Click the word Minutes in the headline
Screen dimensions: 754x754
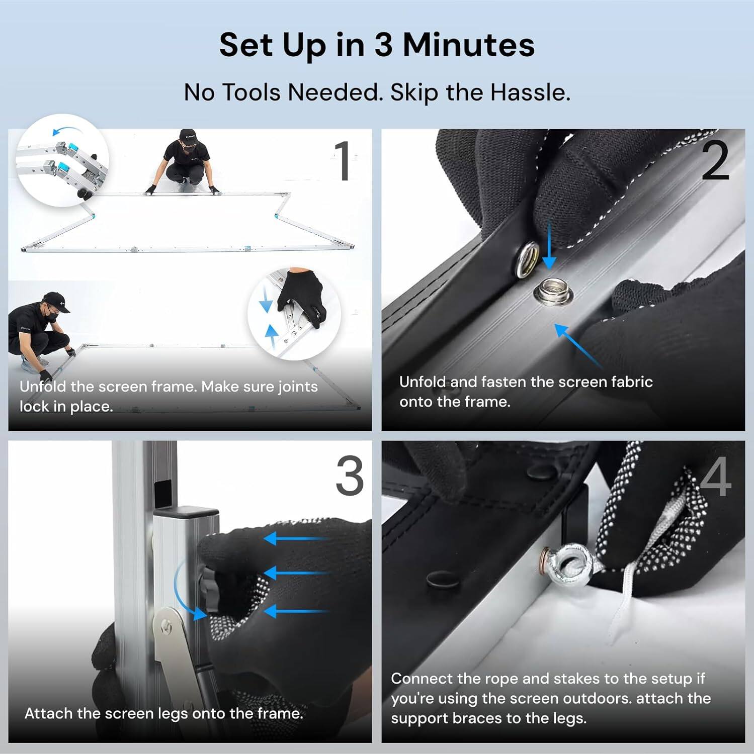[x=468, y=45]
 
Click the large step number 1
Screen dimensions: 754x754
[x=344, y=160]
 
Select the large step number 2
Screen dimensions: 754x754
[x=715, y=160]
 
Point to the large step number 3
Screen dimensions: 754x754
[x=350, y=476]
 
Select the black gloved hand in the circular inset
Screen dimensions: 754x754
[x=302, y=297]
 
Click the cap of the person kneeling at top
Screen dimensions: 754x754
[x=188, y=135]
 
